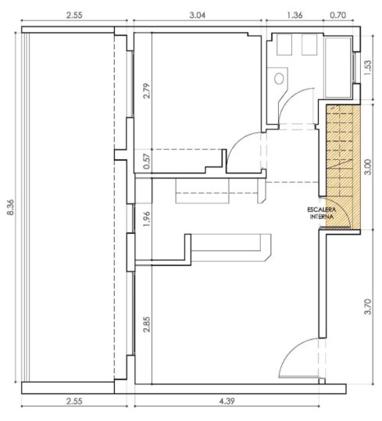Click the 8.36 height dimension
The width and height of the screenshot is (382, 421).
point(10,207)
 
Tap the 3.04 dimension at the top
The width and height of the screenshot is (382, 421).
point(197,15)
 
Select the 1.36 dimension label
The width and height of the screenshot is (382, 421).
point(295,15)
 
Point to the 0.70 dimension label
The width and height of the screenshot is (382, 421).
point(337,15)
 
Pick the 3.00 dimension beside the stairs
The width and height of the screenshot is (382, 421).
point(367,167)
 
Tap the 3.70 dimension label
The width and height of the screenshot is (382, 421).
point(367,306)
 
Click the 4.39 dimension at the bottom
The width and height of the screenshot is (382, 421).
point(227,402)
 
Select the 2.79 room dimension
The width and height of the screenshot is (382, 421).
point(147,91)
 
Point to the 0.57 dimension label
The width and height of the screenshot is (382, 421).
point(147,161)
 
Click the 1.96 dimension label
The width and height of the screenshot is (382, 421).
point(147,219)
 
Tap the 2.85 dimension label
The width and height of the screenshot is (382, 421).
point(147,324)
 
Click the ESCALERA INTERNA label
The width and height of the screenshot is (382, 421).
point(322,213)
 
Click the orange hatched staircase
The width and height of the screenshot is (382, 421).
point(343,167)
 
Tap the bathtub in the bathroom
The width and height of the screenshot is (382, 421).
point(338,67)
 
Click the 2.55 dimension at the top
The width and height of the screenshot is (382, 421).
point(74,15)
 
